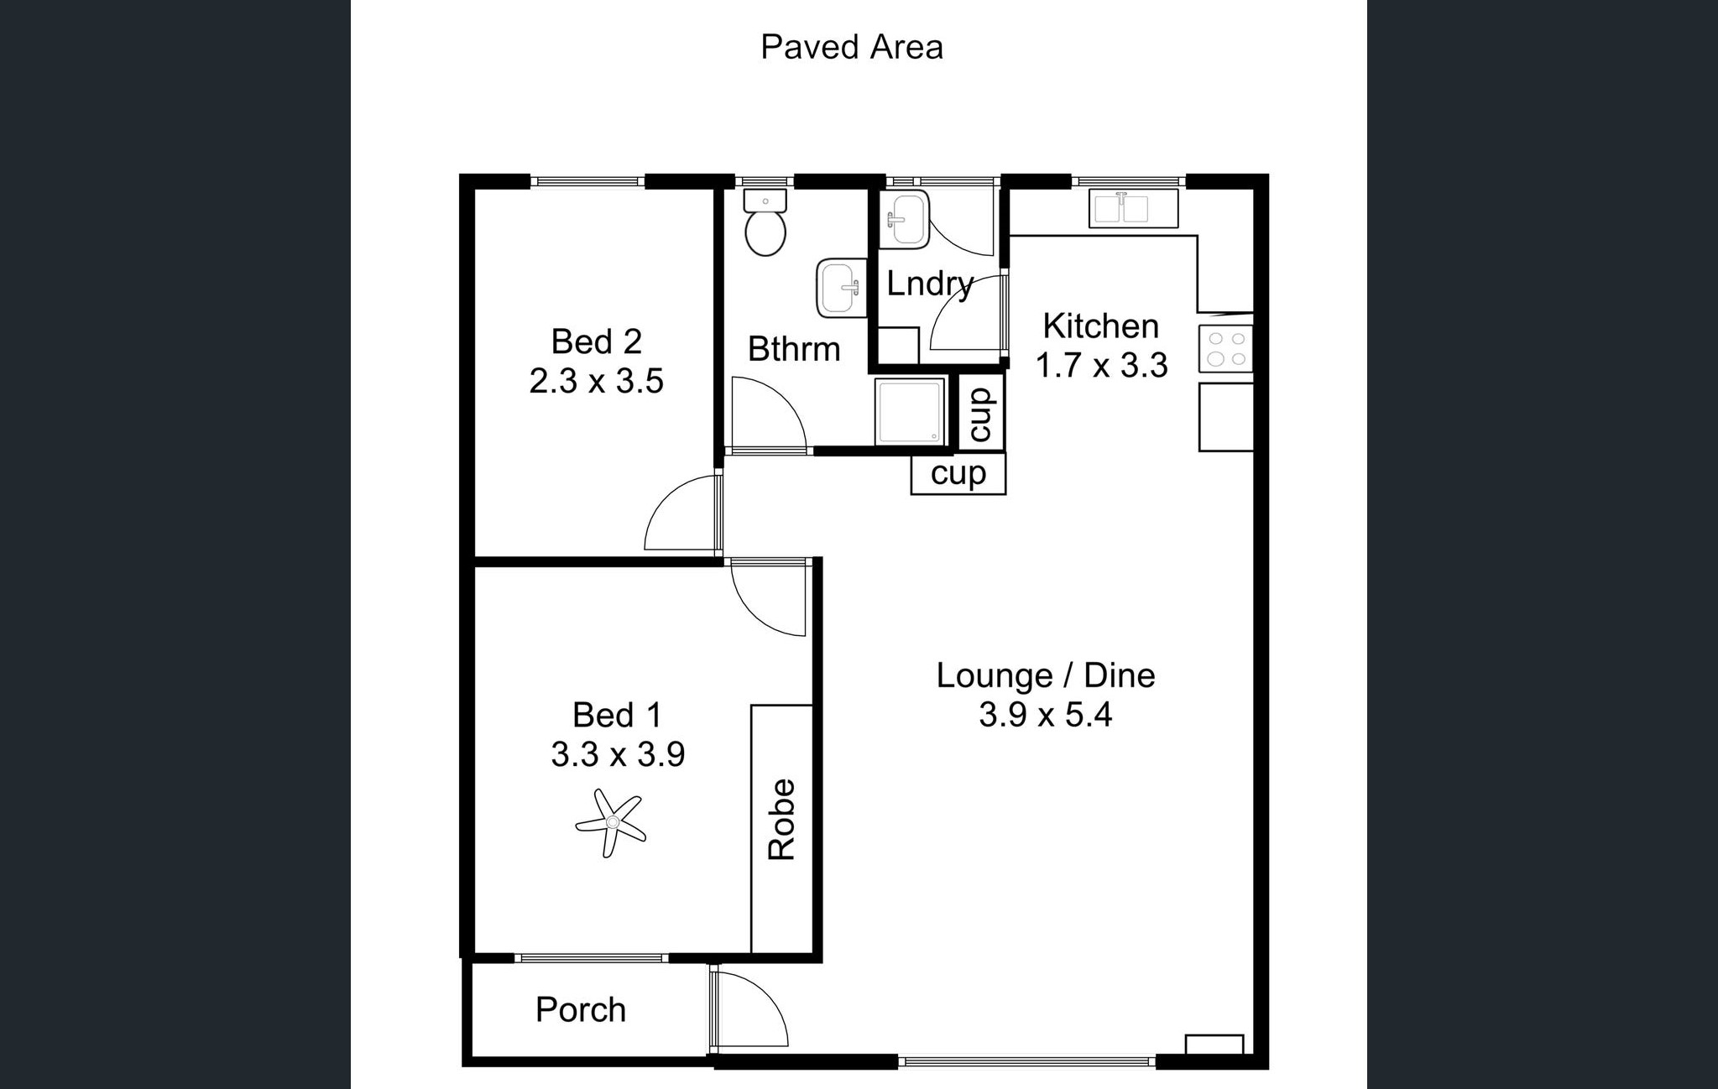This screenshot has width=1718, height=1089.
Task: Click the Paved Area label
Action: [851, 47]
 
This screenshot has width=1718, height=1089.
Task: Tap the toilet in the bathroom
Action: [765, 222]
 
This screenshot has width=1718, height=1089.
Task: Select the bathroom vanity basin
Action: [841, 288]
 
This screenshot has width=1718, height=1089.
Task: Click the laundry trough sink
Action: [904, 220]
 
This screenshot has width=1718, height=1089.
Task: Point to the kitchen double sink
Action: [1133, 208]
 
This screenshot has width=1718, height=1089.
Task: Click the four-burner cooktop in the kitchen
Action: [1225, 348]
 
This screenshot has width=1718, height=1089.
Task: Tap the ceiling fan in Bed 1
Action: [610, 823]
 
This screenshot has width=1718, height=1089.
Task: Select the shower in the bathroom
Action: [911, 411]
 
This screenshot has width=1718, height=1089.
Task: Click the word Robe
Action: [782, 820]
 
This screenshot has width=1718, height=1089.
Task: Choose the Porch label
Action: [581, 1010]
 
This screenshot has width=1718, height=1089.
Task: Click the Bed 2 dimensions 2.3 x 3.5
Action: [596, 381]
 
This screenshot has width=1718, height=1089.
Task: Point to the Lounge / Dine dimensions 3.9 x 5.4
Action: [1046, 715]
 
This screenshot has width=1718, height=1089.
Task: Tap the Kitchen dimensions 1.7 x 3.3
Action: [1101, 366]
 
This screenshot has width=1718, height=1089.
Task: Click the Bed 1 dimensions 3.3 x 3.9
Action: [618, 754]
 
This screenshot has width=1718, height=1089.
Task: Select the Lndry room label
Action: [930, 284]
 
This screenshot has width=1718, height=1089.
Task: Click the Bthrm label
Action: [794, 349]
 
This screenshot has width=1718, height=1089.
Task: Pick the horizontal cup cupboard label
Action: [958, 474]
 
